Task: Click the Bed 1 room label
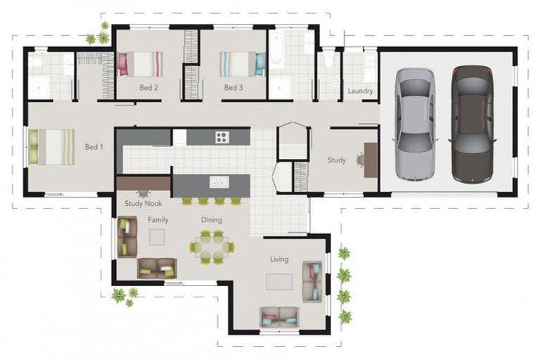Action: point(94,147)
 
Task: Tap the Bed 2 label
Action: point(148,88)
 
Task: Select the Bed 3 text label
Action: point(233,88)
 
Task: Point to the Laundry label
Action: point(360,91)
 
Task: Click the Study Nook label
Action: point(143,204)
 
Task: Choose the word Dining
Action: point(212,220)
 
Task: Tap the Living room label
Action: point(279,259)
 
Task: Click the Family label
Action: point(158,220)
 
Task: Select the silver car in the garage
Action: point(414,124)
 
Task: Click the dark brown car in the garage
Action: point(472,124)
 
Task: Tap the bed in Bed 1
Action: point(52,146)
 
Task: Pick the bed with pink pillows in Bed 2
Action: point(140,64)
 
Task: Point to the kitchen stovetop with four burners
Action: point(222,137)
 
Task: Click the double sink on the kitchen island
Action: point(219,182)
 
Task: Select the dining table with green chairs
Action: point(212,247)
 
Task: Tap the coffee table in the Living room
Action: point(279,281)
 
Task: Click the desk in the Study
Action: point(371,160)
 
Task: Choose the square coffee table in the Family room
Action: point(157,238)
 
